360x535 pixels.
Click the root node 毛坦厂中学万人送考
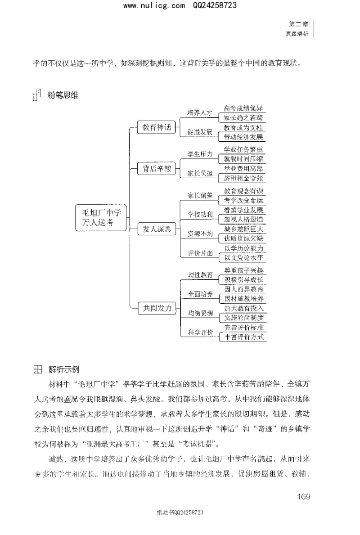click(x=101, y=218)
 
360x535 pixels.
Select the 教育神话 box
click(x=154, y=127)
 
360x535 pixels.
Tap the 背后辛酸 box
click(x=154, y=169)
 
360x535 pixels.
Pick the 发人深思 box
click(x=154, y=229)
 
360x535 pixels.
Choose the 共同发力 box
click(x=154, y=308)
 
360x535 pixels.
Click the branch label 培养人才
click(x=199, y=113)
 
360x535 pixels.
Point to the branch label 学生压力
click(x=199, y=154)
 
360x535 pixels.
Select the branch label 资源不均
click(x=199, y=234)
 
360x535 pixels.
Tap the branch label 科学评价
click(x=199, y=333)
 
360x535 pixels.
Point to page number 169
click(x=304, y=496)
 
